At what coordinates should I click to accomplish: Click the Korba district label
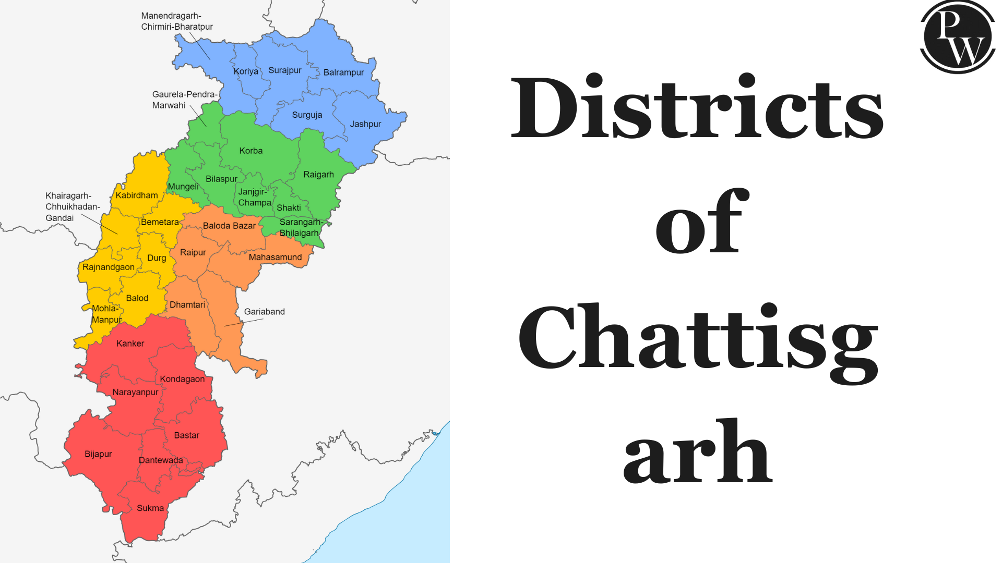pos(250,151)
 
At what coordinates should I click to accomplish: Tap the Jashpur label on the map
pos(365,124)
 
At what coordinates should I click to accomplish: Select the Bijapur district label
pos(98,454)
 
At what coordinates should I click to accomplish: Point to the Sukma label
pos(150,508)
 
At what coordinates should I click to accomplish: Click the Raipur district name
pos(193,252)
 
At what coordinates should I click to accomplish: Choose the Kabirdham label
pos(136,195)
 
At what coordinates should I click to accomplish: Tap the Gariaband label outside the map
pos(264,312)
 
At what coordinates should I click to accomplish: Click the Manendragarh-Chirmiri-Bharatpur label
pos(176,21)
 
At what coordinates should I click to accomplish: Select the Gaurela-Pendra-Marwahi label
pos(184,100)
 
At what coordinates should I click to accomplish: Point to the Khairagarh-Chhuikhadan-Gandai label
pos(72,207)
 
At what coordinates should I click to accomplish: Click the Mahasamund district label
pos(275,258)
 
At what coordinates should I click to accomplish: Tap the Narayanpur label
pos(135,392)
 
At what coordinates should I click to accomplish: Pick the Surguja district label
pos(307,115)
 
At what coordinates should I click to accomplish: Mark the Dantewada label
pos(161,460)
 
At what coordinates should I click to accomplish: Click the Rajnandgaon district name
pos(108,267)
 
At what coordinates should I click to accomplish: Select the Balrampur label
pos(343,72)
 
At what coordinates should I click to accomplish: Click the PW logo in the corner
pos(958,36)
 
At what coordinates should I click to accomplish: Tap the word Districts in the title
pos(697,108)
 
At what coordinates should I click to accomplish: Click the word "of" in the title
pos(701,223)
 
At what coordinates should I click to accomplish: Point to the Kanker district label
pos(130,344)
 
